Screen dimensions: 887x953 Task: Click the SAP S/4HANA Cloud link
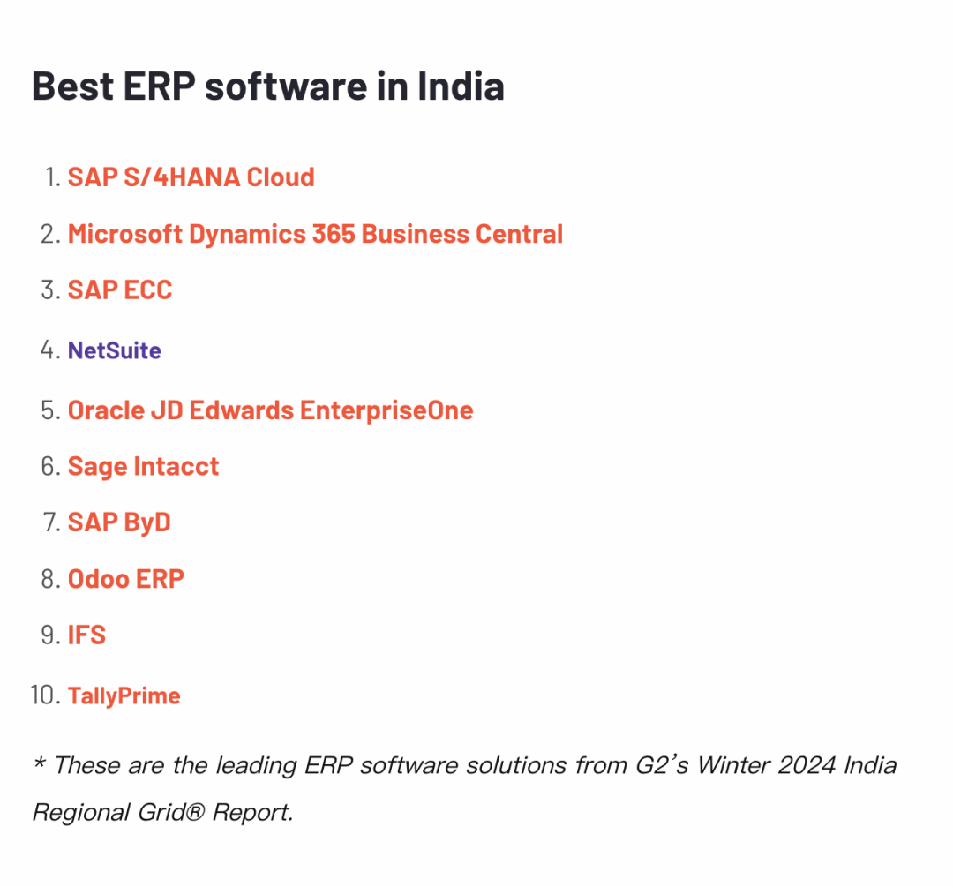pos(191,177)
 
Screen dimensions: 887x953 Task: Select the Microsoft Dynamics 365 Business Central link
pos(315,234)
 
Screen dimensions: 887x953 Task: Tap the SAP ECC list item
pos(120,290)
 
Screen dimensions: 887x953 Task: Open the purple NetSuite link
pos(115,350)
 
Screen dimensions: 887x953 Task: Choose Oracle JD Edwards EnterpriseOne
pos(270,410)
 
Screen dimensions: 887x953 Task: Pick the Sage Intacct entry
pos(143,466)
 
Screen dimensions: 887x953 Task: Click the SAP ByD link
pos(119,522)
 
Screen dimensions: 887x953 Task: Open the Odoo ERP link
pos(126,579)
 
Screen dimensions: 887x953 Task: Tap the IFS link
pos(86,635)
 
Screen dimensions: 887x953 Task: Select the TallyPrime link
pos(124,695)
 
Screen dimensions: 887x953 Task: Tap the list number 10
pos(44,695)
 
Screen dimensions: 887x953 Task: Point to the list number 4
pos(49,350)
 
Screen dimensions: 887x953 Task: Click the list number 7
pos(49,522)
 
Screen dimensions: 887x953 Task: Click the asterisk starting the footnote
pos(39,763)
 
